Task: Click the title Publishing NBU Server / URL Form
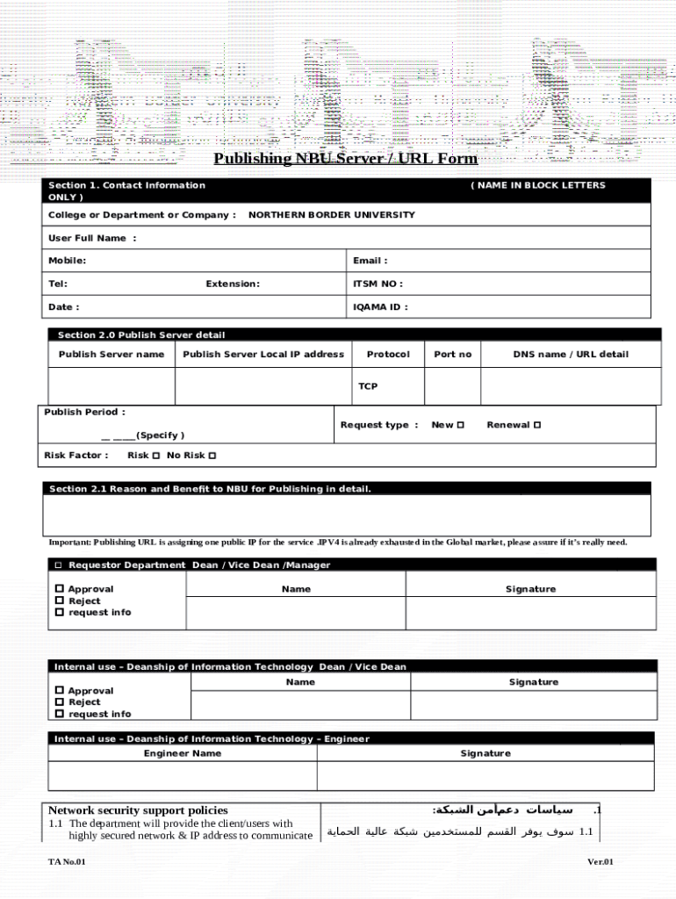point(345,159)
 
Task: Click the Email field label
point(370,261)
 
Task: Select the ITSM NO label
point(378,284)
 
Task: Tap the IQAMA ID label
point(380,307)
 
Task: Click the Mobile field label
point(67,261)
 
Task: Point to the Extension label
point(233,284)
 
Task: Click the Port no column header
point(452,355)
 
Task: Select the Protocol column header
point(387,355)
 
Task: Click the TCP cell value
point(368,386)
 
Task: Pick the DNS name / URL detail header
point(571,355)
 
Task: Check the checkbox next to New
point(460,425)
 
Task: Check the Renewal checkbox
point(536,425)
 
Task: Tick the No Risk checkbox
point(212,456)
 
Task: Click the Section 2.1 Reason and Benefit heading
point(210,489)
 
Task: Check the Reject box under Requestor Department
point(60,601)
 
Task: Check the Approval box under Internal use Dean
point(60,691)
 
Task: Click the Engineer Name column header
point(183,753)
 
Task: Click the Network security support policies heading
point(138,810)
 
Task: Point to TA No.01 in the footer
point(67,862)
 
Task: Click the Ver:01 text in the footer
point(600,862)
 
